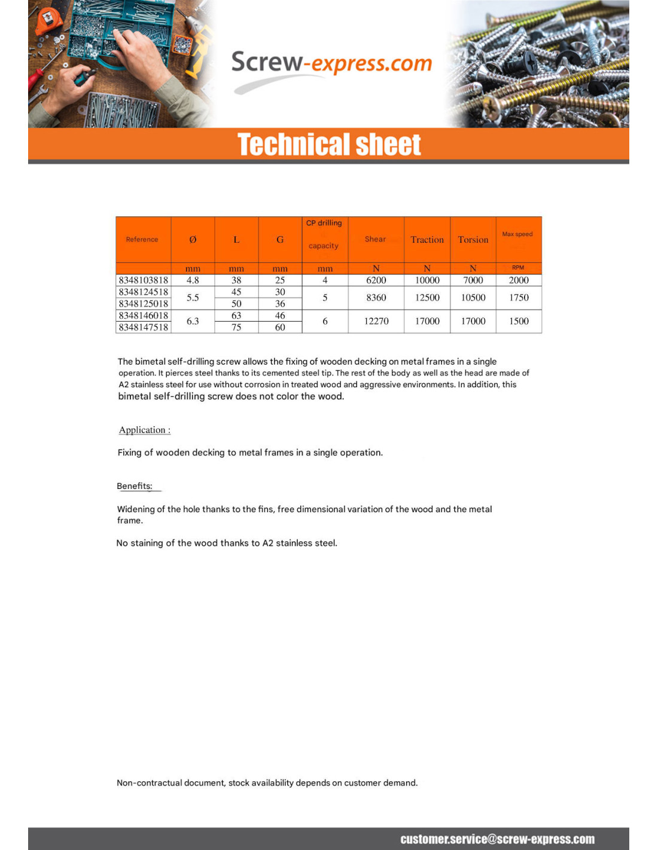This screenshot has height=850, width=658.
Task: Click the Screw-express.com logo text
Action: [331, 63]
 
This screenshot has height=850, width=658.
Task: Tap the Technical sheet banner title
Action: [329, 145]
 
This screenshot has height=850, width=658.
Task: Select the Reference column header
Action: [142, 240]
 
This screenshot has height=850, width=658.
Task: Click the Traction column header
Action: [427, 240]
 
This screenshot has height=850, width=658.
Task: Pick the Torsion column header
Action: [473, 240]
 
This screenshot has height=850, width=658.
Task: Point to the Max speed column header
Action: [517, 234]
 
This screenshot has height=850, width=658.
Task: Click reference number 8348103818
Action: [144, 280]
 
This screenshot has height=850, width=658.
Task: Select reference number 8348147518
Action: [144, 328]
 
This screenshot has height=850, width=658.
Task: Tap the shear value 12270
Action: [376, 322]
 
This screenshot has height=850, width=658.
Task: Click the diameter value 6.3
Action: [193, 322]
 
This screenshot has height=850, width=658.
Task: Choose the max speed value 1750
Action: [519, 298]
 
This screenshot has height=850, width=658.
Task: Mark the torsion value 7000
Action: [473, 280]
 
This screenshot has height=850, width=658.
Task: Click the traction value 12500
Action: [427, 298]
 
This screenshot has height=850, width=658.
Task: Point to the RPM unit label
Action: [518, 268]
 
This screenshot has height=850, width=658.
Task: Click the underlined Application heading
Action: [145, 430]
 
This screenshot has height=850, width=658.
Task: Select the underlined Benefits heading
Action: [135, 486]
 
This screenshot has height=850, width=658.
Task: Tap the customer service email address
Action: [497, 839]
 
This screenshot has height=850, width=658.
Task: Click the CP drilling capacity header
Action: [324, 234]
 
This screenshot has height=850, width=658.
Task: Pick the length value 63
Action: [236, 316]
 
